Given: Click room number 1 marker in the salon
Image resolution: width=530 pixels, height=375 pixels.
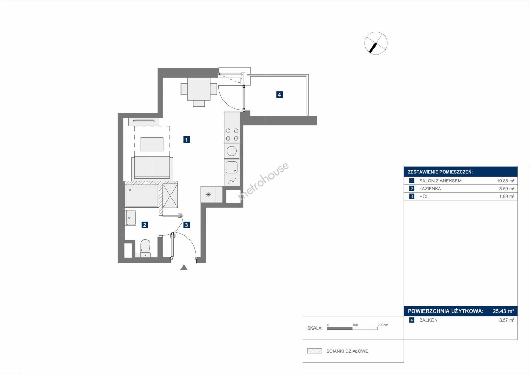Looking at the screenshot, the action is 186,140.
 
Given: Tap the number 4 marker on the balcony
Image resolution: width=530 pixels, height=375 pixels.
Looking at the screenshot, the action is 279,95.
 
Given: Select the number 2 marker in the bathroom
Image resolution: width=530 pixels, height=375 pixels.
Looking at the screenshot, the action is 145,225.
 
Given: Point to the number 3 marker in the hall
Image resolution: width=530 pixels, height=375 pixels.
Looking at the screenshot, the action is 186,225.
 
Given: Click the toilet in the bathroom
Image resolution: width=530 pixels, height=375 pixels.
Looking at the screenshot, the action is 145,248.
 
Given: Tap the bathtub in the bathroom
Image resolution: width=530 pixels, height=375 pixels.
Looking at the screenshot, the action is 142,196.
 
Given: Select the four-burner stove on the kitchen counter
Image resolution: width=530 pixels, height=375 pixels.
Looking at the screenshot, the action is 232,134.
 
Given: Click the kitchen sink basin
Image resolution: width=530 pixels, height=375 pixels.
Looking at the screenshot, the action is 232,167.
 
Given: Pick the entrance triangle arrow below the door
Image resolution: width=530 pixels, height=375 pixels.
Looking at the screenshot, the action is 184,267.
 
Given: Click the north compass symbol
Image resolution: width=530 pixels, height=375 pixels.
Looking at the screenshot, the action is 376,43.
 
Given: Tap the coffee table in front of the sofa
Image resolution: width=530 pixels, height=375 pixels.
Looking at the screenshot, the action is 152,144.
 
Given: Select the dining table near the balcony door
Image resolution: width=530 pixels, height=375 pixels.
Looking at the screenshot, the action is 199,89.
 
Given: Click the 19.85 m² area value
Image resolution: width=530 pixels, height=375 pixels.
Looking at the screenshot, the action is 506,181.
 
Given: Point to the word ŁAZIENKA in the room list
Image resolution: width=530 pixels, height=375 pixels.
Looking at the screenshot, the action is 430,189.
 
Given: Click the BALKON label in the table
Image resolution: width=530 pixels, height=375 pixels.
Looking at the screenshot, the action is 428,320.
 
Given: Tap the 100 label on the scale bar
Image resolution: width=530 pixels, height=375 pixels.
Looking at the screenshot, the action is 355,325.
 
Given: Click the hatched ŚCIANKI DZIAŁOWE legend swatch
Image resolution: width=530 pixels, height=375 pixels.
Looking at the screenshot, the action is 314,351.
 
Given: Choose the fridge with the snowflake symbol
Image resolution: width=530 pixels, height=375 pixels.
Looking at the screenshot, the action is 208,194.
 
